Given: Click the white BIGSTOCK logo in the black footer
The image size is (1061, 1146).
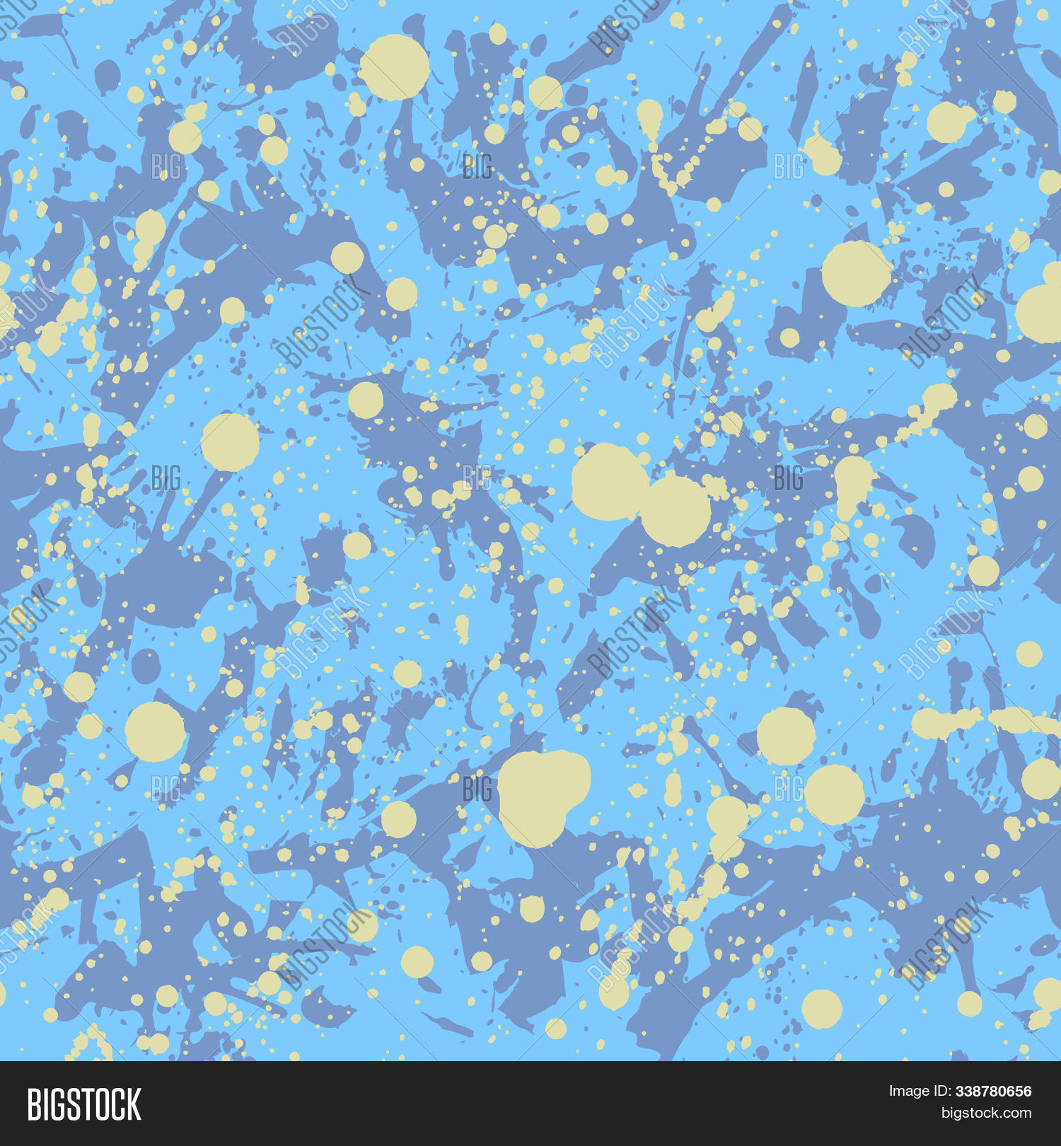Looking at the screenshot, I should click(x=84, y=1104).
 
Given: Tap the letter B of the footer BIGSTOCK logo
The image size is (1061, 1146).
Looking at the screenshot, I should click(x=34, y=1104).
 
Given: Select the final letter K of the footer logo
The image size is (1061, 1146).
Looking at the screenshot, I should click(x=134, y=1104).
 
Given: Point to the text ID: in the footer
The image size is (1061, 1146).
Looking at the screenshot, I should click(x=941, y=1091).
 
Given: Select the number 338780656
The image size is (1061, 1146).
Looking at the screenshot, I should click(x=993, y=1091).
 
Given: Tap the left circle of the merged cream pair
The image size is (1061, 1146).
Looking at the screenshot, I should click(x=608, y=482).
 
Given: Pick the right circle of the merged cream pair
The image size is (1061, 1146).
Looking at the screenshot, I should click(x=676, y=511).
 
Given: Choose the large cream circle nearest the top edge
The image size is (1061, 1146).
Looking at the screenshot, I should click(x=394, y=67).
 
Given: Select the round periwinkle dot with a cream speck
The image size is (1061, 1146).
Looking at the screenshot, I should click(x=146, y=666).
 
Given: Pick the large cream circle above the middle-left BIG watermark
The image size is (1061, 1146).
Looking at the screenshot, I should click(x=230, y=442).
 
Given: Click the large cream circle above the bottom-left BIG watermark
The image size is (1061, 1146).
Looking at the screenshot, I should click(x=156, y=731).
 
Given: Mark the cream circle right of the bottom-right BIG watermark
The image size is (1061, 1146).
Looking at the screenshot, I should click(x=834, y=794).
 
